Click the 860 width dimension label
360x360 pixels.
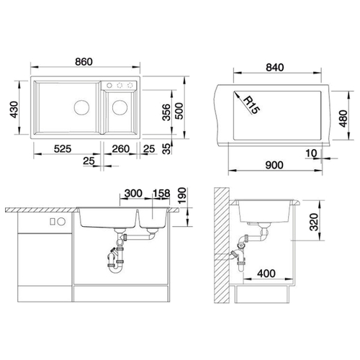click(x=84, y=62)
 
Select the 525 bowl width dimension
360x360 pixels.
click(x=63, y=149)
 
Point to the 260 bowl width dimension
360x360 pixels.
click(x=121, y=149)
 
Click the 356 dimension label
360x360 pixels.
click(x=166, y=112)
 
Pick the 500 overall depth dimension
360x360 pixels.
click(x=179, y=111)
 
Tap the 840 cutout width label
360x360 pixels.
click(x=275, y=68)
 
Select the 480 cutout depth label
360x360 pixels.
click(x=343, y=118)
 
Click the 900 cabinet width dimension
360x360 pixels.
click(x=274, y=165)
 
